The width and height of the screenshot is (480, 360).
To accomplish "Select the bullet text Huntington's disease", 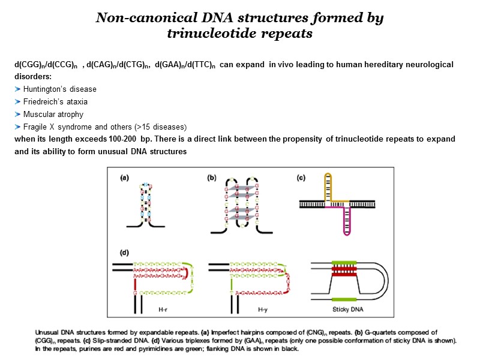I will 60,89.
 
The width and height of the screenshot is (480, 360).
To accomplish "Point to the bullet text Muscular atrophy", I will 53,114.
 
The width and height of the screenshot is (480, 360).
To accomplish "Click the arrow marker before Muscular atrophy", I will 18,114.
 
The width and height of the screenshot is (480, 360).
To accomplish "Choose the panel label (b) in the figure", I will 211,177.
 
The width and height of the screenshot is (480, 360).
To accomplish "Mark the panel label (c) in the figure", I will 301,177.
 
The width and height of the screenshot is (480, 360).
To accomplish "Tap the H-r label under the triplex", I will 163,310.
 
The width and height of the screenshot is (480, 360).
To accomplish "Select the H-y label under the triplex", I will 262,310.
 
